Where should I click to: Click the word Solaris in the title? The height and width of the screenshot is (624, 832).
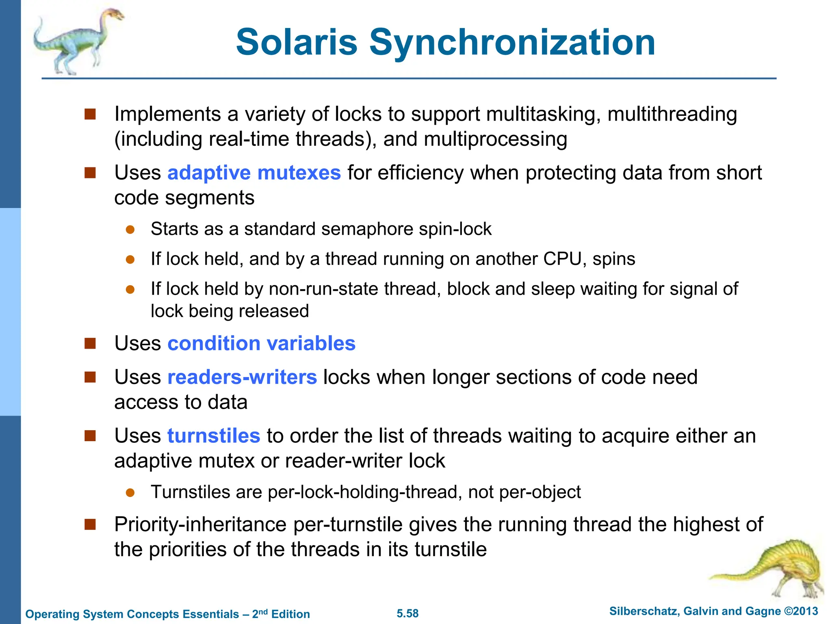pyautogui.click(x=297, y=42)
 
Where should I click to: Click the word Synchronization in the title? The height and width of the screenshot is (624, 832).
pyautogui.click(x=512, y=43)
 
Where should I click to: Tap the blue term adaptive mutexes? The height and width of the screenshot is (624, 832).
pyautogui.click(x=254, y=173)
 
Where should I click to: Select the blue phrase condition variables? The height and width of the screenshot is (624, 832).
pyautogui.click(x=261, y=343)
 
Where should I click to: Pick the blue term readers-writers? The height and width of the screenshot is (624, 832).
pyautogui.click(x=242, y=377)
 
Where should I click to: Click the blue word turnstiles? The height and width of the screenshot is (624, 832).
pyautogui.click(x=214, y=436)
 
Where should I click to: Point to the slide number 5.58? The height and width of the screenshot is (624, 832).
pyautogui.click(x=407, y=613)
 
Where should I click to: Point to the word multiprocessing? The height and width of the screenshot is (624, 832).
pyautogui.click(x=496, y=139)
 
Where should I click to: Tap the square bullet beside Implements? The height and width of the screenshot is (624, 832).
pyautogui.click(x=90, y=114)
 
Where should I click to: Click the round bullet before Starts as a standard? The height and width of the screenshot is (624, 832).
pyautogui.click(x=130, y=230)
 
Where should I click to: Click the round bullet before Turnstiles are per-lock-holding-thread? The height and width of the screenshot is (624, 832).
pyautogui.click(x=130, y=493)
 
